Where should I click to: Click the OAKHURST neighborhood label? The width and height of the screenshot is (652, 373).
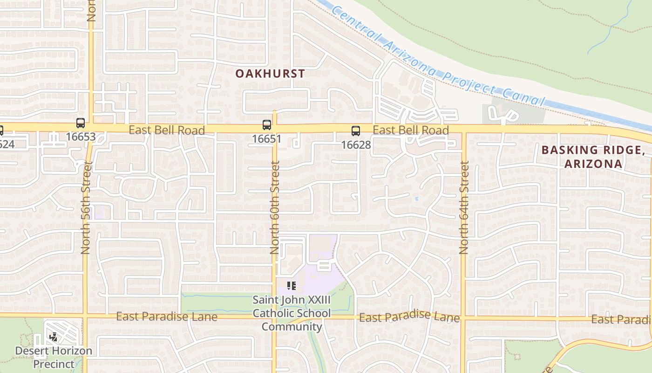tap(270, 74)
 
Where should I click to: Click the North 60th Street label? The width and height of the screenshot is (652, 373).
tap(275, 207)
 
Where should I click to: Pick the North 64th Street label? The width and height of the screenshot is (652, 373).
tap(464, 207)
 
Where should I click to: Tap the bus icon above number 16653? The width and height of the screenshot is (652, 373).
tap(81, 123)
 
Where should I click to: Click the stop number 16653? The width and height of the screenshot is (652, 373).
tap(81, 137)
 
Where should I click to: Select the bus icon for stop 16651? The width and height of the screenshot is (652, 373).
tap(266, 125)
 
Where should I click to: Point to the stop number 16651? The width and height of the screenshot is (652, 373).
tap(266, 138)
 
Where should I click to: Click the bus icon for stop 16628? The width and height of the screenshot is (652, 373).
tap(356, 131)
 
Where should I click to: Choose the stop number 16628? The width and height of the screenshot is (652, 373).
tap(356, 145)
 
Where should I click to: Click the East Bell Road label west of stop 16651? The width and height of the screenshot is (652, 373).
tap(167, 130)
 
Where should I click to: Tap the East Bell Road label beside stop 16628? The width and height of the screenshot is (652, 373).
tap(411, 130)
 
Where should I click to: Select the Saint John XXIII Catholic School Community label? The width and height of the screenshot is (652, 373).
tap(292, 313)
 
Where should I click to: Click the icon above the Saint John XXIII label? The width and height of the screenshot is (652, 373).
tap(292, 285)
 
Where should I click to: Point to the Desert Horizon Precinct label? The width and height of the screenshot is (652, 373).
tap(54, 357)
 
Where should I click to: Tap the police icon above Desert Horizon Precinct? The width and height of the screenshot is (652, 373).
tap(54, 336)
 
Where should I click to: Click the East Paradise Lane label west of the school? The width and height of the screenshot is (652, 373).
tap(167, 317)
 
